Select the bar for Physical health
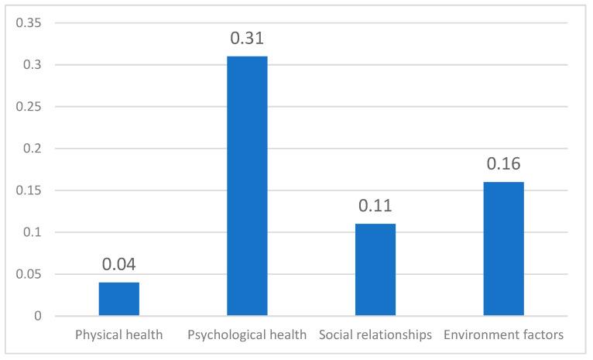119,299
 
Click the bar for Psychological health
247,186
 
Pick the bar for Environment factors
504,249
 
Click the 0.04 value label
119,265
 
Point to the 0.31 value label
247,38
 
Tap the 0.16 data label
504,164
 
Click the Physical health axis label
119,335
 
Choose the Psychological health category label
247,335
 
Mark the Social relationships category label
375,335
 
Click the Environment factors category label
504,335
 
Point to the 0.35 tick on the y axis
29,23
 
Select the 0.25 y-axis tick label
29,107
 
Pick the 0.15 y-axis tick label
29,190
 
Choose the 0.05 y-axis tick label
29,274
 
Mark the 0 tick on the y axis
38,316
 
